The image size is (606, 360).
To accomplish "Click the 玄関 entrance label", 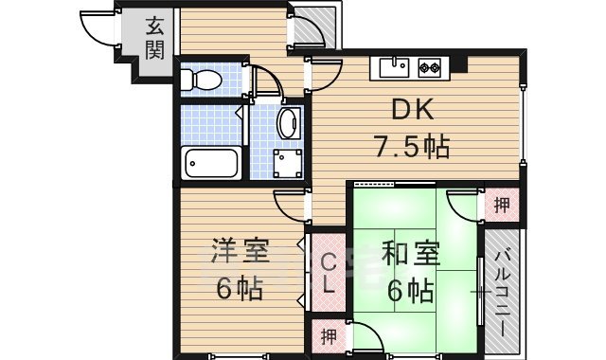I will [154, 39].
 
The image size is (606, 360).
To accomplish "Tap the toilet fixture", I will [200, 81].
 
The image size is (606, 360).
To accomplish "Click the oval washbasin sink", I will [289, 123].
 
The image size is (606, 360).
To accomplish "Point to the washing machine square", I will [288, 163].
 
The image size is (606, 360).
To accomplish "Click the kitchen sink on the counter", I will [393, 66].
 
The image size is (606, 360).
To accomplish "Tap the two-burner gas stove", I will [431, 66].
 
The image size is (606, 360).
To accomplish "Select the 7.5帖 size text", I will [409, 147].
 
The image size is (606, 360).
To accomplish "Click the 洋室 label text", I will [239, 254].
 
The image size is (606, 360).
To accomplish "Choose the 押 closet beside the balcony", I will [502, 204].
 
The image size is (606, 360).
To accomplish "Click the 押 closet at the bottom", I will [328, 336].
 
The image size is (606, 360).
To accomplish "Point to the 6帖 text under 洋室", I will [239, 289].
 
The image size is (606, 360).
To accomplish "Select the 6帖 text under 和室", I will [411, 289].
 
